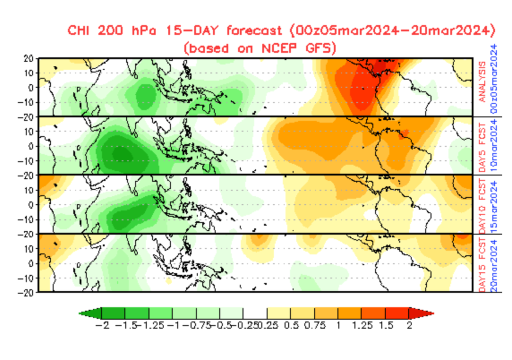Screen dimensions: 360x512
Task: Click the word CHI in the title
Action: pos(79,31)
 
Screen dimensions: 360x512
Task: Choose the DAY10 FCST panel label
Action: pos(482,203)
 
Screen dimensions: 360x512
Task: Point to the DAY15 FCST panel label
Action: pos(482,262)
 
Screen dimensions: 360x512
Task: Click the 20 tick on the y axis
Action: pos(28,58)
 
